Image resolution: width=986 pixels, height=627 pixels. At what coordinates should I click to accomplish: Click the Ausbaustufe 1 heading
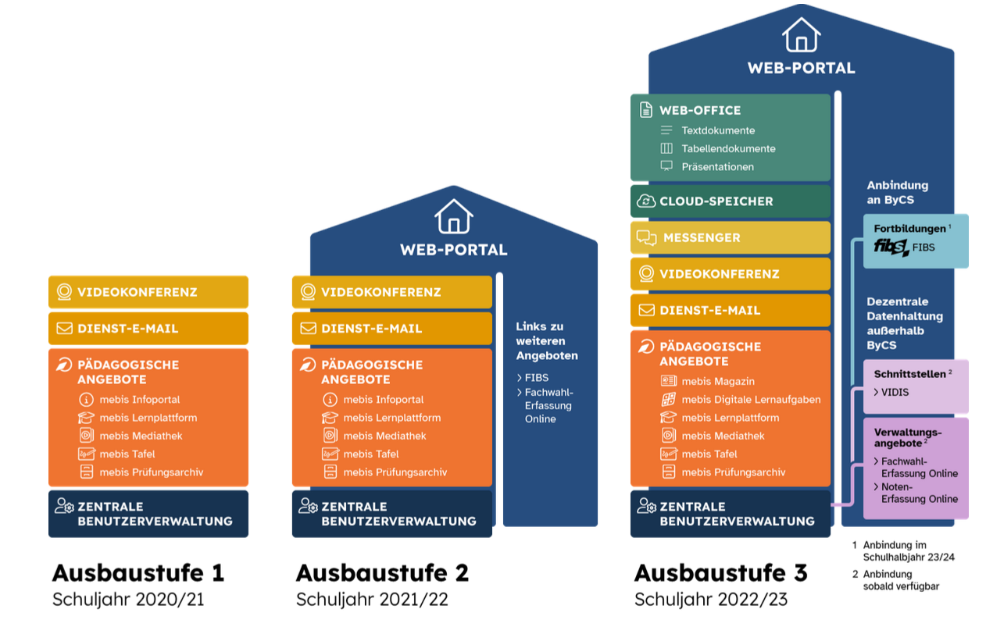[x=138, y=573]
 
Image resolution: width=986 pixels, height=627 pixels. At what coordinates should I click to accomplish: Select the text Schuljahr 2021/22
[x=372, y=600]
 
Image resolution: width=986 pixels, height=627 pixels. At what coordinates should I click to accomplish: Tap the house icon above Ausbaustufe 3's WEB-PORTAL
[x=801, y=35]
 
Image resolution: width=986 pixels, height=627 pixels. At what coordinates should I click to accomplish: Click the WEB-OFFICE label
[x=700, y=110]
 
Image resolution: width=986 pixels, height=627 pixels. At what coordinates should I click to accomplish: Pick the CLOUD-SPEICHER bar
[x=730, y=201]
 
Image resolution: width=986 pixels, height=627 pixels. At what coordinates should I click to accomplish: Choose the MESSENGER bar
[x=730, y=237]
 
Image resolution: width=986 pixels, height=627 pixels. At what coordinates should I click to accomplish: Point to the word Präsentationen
[x=717, y=166]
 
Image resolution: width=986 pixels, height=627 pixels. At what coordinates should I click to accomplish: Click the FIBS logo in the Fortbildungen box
[x=891, y=248]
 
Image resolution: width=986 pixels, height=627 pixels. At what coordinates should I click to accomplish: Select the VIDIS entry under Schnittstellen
[x=895, y=392]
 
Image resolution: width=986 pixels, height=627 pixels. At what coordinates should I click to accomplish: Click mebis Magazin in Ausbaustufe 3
[x=717, y=381]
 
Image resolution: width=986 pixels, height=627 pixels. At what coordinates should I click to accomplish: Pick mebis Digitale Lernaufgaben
[x=750, y=400]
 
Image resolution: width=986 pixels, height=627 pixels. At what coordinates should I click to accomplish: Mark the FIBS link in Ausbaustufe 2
[x=536, y=377]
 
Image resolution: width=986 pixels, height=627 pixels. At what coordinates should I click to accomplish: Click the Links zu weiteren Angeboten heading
[x=546, y=340]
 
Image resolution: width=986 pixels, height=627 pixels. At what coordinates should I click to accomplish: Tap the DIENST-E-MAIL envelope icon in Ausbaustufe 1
[x=63, y=328]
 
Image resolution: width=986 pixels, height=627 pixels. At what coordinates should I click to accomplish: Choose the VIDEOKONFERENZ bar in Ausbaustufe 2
[x=391, y=292]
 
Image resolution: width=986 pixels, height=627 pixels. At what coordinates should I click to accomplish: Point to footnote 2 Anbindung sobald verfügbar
[x=899, y=579]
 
